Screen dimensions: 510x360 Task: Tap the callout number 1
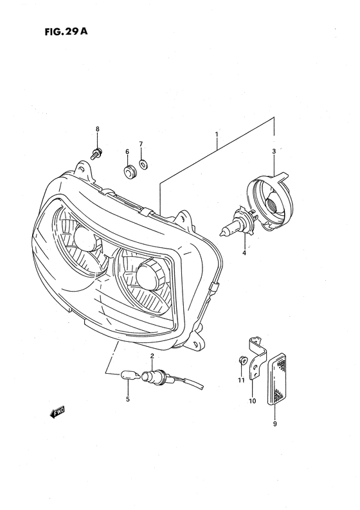click(x=217, y=135)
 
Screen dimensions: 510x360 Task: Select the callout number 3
click(x=274, y=152)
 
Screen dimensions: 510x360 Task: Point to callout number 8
click(x=98, y=130)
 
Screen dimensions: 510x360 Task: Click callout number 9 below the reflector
click(x=275, y=424)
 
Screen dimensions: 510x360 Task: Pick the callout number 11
click(x=241, y=381)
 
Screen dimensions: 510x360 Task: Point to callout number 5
click(x=127, y=400)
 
